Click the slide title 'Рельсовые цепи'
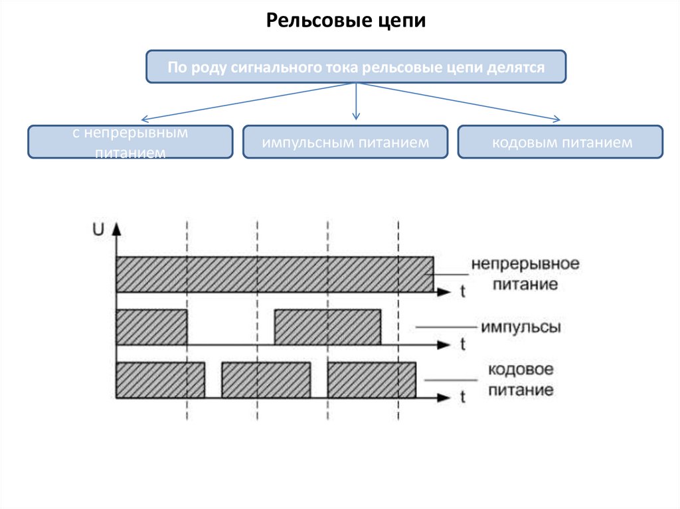[x=345, y=21]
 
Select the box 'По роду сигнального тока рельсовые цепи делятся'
[x=356, y=66]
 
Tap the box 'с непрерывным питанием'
[x=130, y=142]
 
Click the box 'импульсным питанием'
[x=345, y=142]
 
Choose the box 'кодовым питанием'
[x=560, y=142]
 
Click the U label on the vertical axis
[x=98, y=230]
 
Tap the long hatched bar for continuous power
[x=274, y=273]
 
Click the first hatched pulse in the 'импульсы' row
[x=151, y=327]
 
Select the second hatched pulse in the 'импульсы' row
[x=328, y=327]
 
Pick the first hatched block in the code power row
[x=160, y=380]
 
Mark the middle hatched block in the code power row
[x=266, y=380]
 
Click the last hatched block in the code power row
[x=372, y=380]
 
